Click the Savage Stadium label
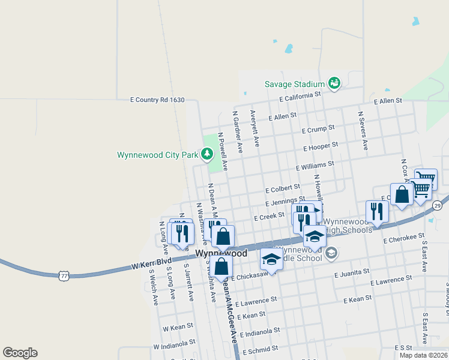tap(295, 85)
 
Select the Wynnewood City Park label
tap(157, 155)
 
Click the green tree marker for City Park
tap(207, 155)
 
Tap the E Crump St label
tap(318, 130)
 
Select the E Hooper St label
tap(321, 146)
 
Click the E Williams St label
tap(315, 164)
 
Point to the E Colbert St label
tap(282, 189)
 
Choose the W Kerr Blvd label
tap(152, 262)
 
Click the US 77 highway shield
tap(65, 275)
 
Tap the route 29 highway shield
tap(438, 206)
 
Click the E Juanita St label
tap(351, 272)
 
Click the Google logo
tap(20, 353)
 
